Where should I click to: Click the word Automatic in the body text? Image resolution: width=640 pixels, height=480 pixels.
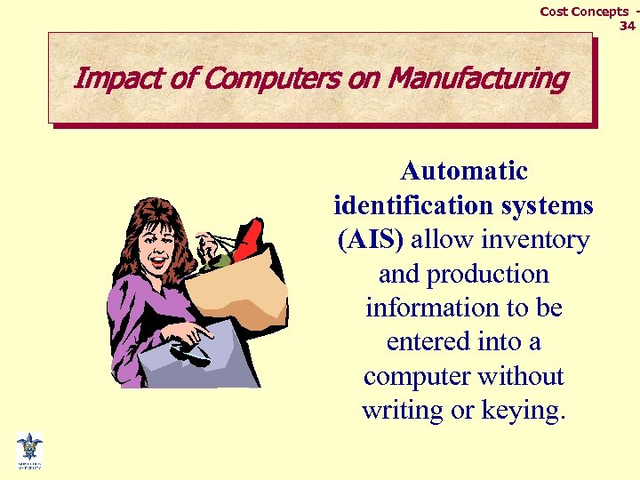coord(463,171)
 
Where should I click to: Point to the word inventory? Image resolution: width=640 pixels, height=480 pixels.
coord(535,240)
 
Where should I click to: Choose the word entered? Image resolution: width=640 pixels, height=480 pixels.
coord(422,342)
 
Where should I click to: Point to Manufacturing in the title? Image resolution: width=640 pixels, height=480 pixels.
coord(478,78)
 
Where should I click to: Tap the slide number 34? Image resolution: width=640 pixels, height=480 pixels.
coord(627,26)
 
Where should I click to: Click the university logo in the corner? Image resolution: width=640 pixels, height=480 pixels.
coord(28,450)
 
